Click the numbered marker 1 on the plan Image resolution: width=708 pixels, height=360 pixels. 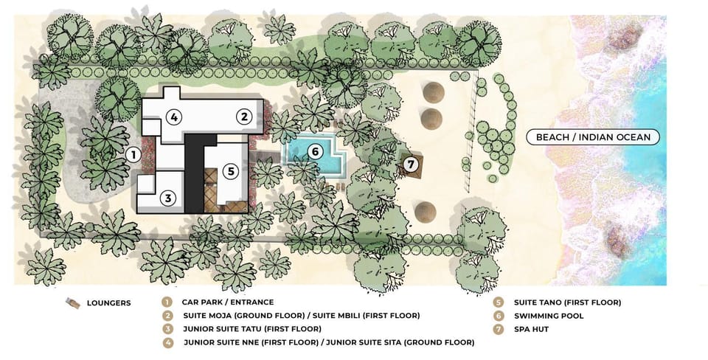tap(133, 156)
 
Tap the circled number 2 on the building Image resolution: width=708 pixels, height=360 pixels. tap(244, 117)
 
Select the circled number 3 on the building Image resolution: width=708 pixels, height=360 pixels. tap(168, 198)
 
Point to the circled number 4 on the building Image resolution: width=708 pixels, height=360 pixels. tap(174, 117)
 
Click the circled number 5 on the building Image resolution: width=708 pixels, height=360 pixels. tap(231, 171)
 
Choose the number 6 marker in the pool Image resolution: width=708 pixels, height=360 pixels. tap(315, 152)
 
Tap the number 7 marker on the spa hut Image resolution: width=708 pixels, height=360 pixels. tap(411, 165)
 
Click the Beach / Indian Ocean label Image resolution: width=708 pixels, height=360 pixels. tap(593, 137)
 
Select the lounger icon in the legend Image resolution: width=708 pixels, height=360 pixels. tap(73, 303)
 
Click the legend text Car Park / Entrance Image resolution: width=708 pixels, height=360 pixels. tap(228, 302)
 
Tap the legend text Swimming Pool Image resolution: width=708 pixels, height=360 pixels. tap(549, 316)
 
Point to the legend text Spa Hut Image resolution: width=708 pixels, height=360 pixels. tap(531, 329)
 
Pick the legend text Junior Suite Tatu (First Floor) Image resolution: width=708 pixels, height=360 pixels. tap(252, 329)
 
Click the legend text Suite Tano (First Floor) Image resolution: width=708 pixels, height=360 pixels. tap(567, 302)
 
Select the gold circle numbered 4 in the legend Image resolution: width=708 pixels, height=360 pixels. tap(168, 343)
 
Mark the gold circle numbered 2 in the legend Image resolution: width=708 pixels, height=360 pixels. tap(168, 316)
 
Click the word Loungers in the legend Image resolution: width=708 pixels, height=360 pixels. tap(109, 303)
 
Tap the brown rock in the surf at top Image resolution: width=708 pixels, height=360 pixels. tap(625, 35)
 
